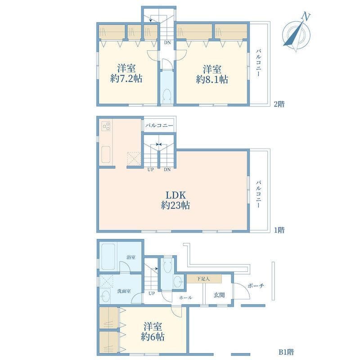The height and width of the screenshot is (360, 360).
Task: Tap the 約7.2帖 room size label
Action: [127, 78]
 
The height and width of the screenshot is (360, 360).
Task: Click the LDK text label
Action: [175, 195]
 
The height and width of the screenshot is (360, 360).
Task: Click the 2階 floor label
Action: [279, 104]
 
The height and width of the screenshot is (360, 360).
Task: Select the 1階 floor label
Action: [279, 230]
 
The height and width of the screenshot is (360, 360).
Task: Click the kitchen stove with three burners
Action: [106, 126]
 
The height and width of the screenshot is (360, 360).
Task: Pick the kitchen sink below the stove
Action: [106, 155]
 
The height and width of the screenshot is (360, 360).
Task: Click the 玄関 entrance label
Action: [219, 295]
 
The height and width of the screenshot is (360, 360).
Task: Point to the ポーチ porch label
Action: [256, 286]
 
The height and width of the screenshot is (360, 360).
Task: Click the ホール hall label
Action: [186, 297]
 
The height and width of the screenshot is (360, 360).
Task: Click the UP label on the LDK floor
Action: [151, 169]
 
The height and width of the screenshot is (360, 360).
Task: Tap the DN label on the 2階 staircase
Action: [167, 43]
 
